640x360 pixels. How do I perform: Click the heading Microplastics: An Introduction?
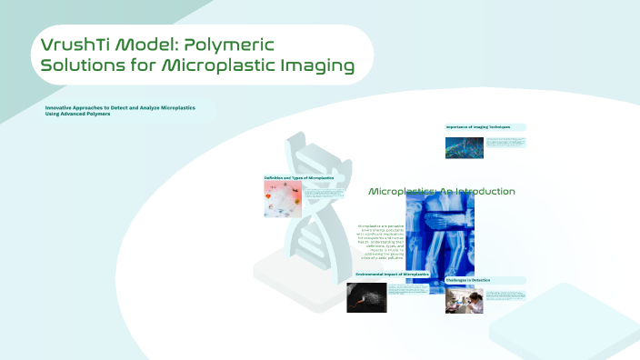point(442,192)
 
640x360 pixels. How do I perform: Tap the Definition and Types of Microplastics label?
point(299,177)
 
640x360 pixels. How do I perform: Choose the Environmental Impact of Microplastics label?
point(391,273)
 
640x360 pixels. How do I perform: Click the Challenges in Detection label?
point(468,280)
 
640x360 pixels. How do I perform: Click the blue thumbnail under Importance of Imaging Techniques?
point(463,145)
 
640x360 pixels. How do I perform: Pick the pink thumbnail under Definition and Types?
point(282,198)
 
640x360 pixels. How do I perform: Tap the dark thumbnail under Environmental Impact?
point(366,296)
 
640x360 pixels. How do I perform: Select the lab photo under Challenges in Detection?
point(464,299)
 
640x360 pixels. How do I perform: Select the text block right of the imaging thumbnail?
point(505,142)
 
